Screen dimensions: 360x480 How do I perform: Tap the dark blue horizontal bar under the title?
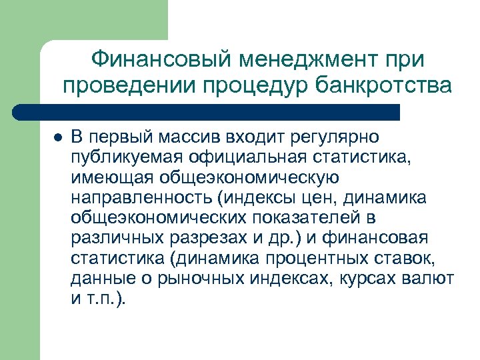click(207, 111)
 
